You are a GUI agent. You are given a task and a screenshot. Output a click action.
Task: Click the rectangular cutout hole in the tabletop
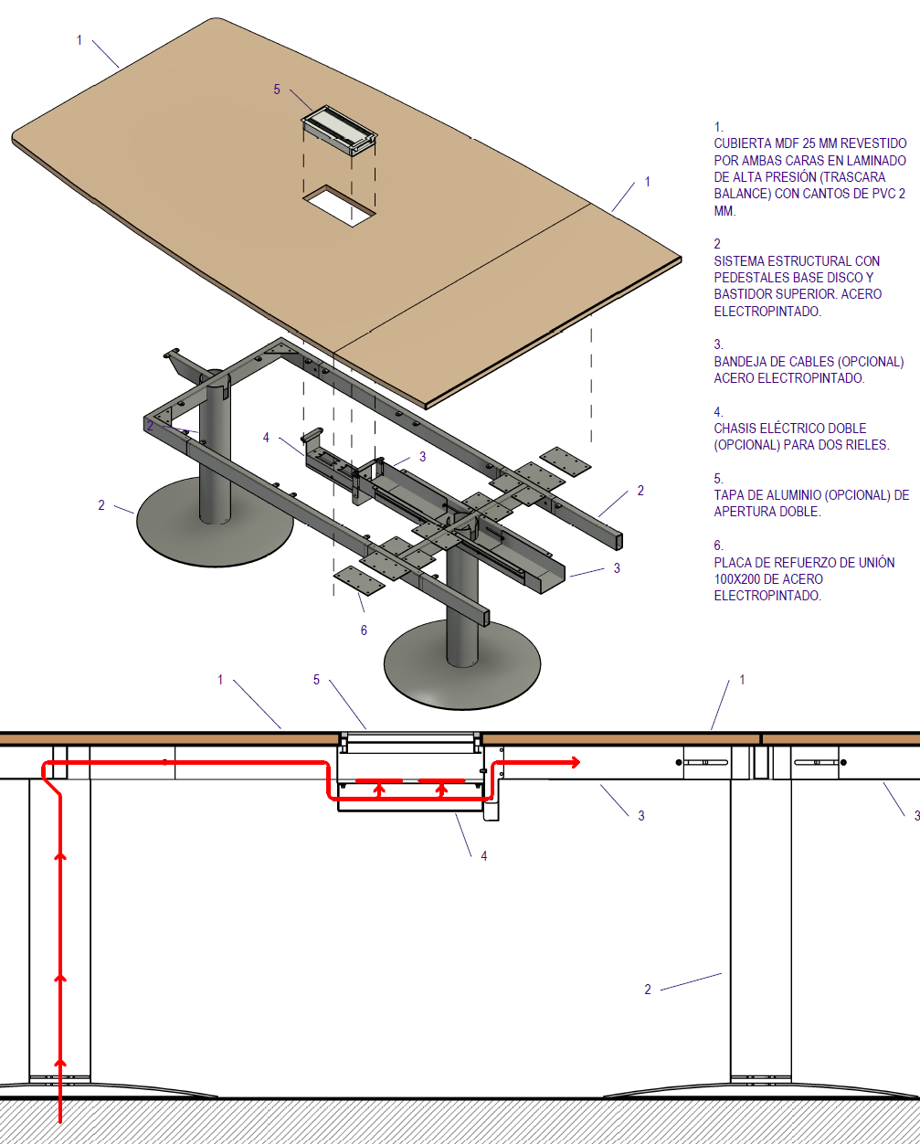point(339,207)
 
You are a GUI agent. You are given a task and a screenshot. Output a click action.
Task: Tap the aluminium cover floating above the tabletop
point(339,129)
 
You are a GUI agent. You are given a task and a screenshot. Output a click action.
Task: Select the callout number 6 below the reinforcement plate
point(364,630)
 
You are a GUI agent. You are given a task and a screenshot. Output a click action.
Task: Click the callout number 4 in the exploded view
point(266,438)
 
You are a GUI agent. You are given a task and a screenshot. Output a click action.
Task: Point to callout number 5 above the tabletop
point(277,90)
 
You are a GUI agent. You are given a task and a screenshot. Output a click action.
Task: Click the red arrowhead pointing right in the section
point(576,762)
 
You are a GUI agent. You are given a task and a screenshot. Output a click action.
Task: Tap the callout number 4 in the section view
point(483,856)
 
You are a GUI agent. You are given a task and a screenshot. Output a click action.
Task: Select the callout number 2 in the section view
point(648,990)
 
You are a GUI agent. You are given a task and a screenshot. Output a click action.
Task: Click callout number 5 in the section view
point(316,680)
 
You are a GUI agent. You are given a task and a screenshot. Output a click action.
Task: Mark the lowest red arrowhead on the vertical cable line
point(60,1062)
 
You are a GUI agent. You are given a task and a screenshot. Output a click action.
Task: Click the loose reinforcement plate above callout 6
point(359,580)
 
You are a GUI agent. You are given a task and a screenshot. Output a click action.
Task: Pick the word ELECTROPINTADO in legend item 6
point(767,596)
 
